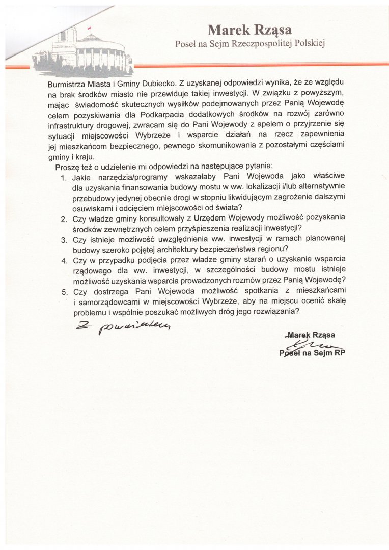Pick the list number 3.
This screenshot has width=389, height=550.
click(x=64, y=239)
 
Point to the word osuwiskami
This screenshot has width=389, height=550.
click(x=94, y=208)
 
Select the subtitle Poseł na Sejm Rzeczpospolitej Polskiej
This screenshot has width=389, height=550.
click(x=249, y=44)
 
